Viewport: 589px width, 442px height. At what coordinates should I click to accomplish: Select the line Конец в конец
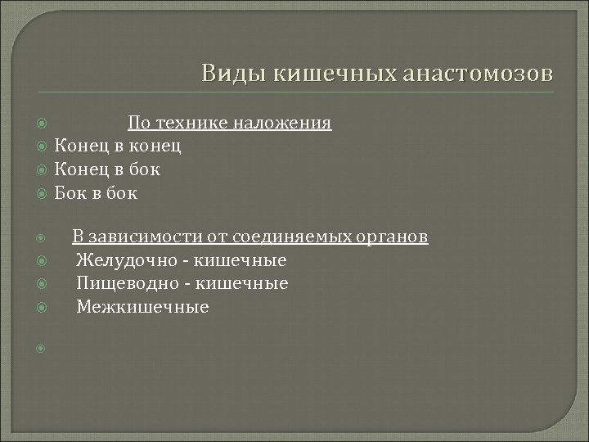click(117, 147)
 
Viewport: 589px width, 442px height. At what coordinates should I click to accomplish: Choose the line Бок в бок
click(96, 193)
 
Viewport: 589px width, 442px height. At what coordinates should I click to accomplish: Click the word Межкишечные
click(142, 307)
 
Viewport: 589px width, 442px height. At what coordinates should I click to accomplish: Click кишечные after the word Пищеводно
click(249, 284)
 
